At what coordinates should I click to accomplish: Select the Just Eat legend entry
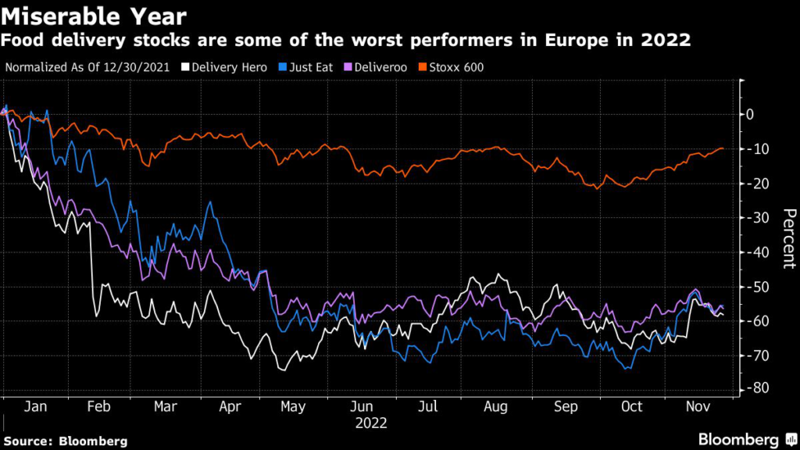point(308,67)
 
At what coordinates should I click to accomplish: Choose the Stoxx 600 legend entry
point(457,67)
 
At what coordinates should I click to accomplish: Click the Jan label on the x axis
point(34,407)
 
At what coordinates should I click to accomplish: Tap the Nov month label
point(697,407)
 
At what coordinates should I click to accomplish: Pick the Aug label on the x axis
point(497,407)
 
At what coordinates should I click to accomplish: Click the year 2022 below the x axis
point(371,424)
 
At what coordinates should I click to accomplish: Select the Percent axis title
point(788,238)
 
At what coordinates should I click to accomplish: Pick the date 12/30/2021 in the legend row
point(135,67)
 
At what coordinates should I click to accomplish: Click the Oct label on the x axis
point(631,407)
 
